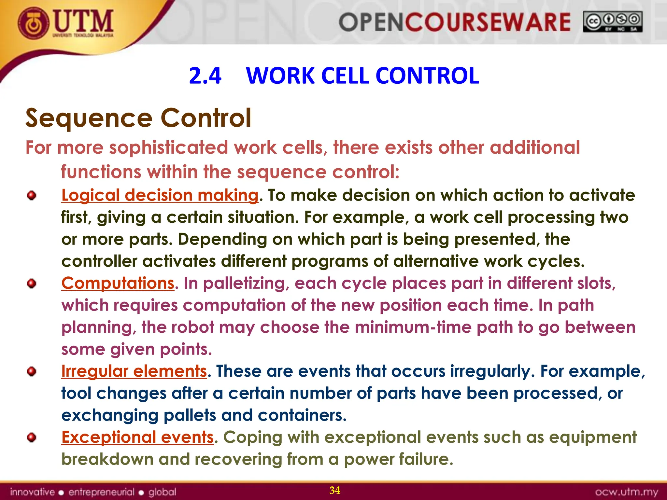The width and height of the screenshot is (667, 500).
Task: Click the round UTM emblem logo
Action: [34, 24]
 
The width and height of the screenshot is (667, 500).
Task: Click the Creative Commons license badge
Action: [612, 22]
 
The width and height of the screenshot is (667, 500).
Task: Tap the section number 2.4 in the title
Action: [205, 76]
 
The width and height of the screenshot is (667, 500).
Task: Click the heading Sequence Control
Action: [138, 118]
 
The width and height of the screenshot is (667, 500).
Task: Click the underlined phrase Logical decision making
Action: [160, 195]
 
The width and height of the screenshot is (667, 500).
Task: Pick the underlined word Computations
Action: [118, 283]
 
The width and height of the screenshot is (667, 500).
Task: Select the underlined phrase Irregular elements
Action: [134, 371]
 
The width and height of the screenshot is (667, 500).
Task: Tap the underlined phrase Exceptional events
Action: [137, 437]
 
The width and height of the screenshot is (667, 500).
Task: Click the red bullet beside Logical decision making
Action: [32, 196]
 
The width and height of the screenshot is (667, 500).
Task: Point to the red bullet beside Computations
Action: [32, 284]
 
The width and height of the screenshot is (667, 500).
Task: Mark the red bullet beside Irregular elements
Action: [32, 371]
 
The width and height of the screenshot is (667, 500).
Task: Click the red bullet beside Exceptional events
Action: [32, 437]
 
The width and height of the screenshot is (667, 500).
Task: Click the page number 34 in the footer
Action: [335, 490]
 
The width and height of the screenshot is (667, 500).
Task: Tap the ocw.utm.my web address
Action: [626, 492]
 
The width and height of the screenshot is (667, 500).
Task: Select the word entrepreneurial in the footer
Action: [101, 492]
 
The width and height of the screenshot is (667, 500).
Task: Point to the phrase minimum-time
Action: [413, 327]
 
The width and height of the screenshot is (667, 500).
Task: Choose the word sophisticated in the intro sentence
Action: [168, 147]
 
